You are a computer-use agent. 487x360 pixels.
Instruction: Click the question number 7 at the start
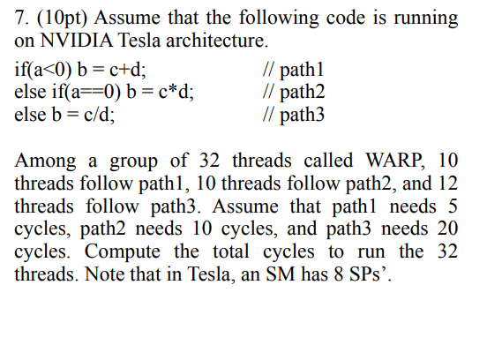point(21,18)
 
